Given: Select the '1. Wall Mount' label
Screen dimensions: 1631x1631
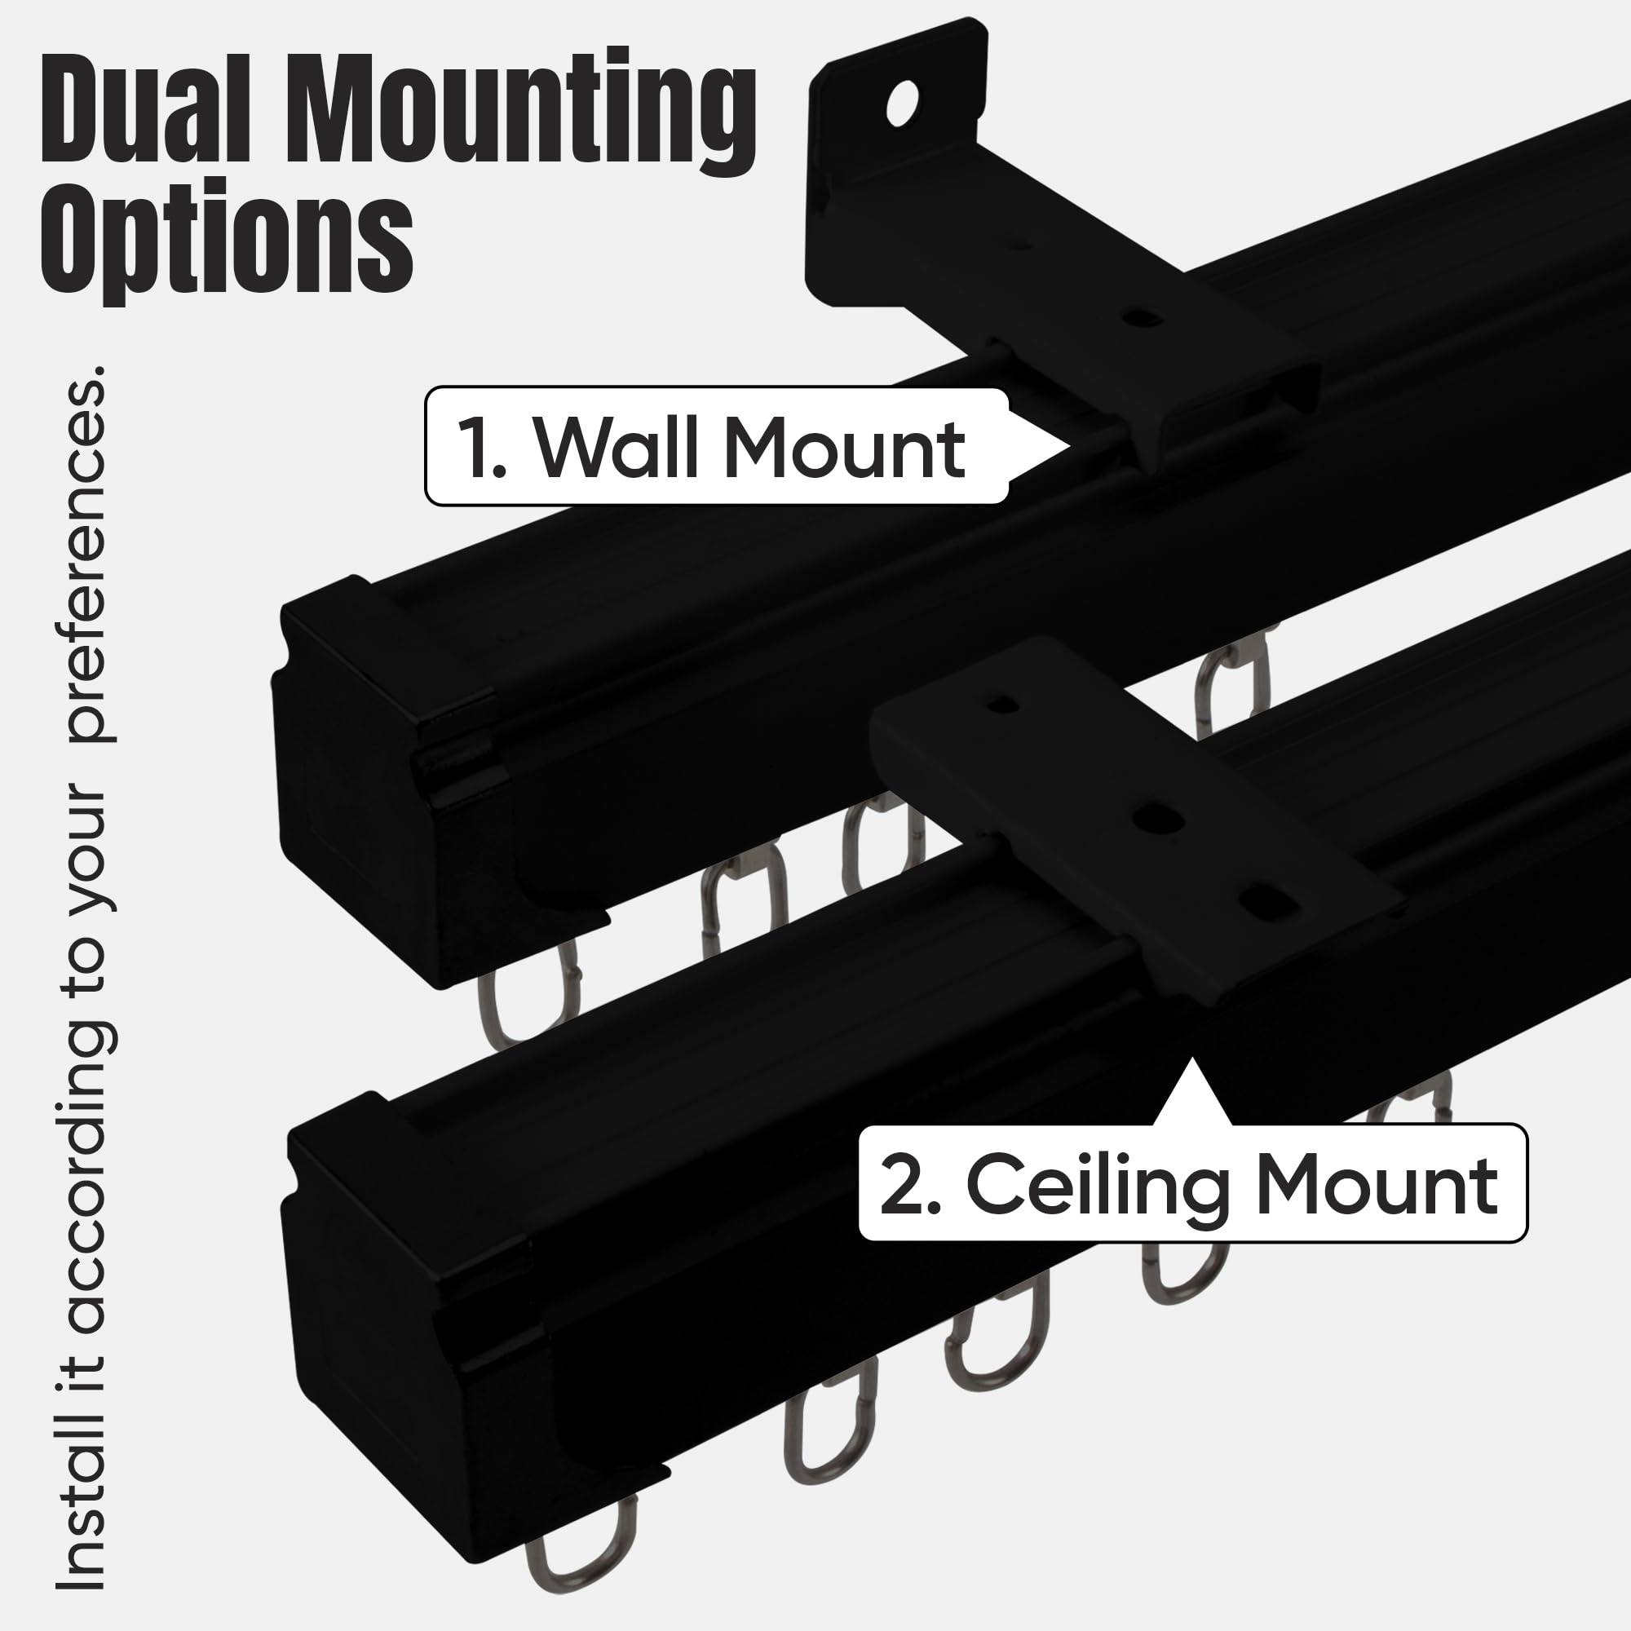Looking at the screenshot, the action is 716,447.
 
